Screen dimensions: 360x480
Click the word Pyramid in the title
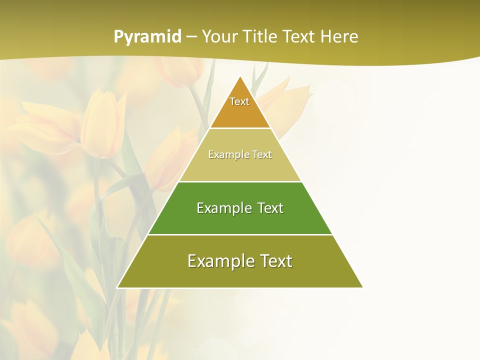coord(147,37)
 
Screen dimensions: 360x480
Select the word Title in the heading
coord(262,37)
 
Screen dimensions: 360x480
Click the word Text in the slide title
coord(299,37)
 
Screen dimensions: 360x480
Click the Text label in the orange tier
coord(239,101)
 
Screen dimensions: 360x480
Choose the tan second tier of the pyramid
coord(240,167)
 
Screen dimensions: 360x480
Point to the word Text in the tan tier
coord(262,155)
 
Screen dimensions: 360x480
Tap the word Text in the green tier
coord(270,208)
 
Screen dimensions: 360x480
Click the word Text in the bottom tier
coord(274,261)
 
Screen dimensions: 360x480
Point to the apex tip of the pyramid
coord(240,76)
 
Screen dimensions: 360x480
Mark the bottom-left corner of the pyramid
coord(118,287)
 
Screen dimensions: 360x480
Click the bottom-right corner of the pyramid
coord(362,287)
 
